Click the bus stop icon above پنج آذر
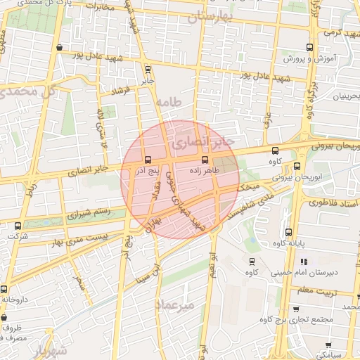147,160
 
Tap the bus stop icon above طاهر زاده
205,160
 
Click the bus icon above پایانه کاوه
288,233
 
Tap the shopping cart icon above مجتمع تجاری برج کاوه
295,309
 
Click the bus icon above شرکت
18,226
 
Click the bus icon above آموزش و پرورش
310,48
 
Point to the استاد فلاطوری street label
330,202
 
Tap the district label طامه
170,103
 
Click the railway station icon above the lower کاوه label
251,261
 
